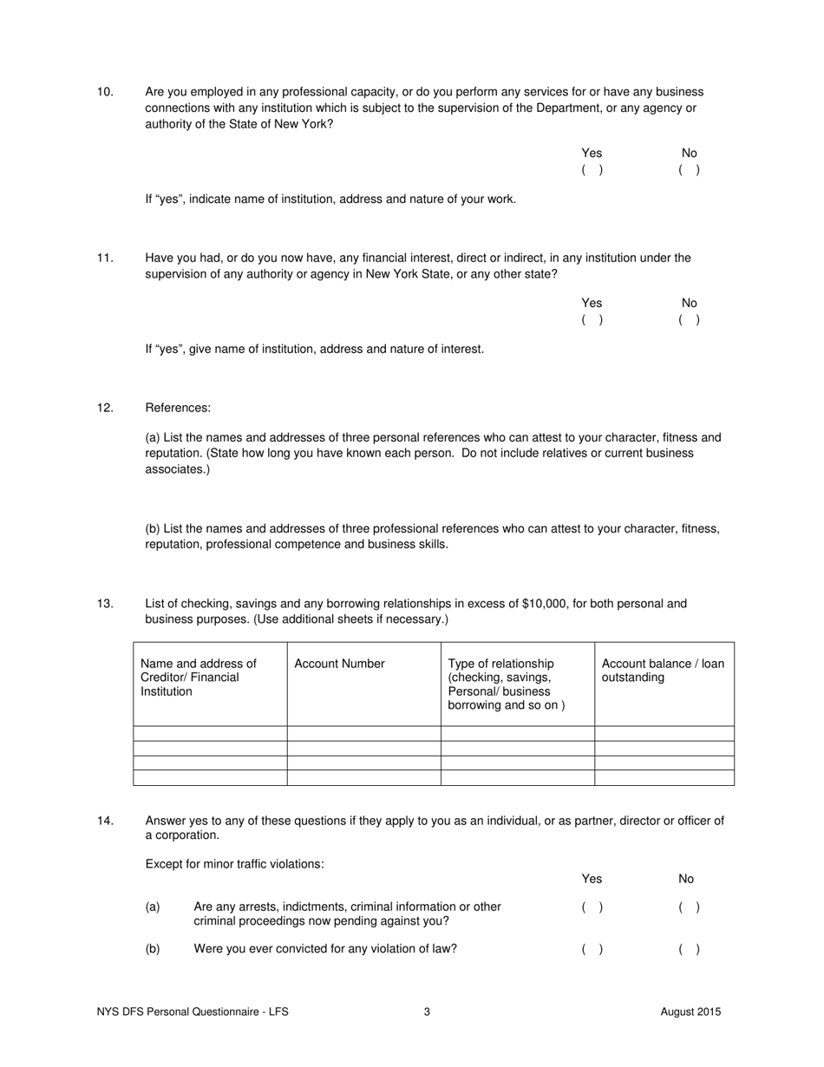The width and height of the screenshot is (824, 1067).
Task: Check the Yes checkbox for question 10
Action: pos(592,170)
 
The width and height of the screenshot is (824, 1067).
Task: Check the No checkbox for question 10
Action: pos(689,170)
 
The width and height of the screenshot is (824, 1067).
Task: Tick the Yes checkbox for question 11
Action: pos(592,319)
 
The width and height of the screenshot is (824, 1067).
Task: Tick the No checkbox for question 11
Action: pos(689,319)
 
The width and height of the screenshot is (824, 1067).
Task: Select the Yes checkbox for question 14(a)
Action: pos(592,907)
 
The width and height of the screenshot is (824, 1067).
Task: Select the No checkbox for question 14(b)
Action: pos(689,949)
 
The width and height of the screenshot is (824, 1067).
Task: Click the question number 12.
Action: pos(105,408)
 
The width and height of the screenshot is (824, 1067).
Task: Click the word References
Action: pos(178,408)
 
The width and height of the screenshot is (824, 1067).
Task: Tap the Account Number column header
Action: pos(339,664)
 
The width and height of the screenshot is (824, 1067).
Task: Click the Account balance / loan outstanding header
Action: pos(663,671)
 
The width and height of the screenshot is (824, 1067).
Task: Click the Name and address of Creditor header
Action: pos(199,678)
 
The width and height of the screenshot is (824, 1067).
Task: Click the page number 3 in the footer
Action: pos(427,1011)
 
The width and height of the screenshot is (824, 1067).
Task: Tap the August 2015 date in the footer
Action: pos(690,1011)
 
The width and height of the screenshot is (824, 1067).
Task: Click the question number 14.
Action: pos(105,821)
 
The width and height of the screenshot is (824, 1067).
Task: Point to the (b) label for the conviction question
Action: pos(153,949)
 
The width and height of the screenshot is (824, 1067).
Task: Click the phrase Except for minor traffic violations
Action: pos(234,864)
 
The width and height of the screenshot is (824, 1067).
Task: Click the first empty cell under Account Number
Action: pos(363,734)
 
